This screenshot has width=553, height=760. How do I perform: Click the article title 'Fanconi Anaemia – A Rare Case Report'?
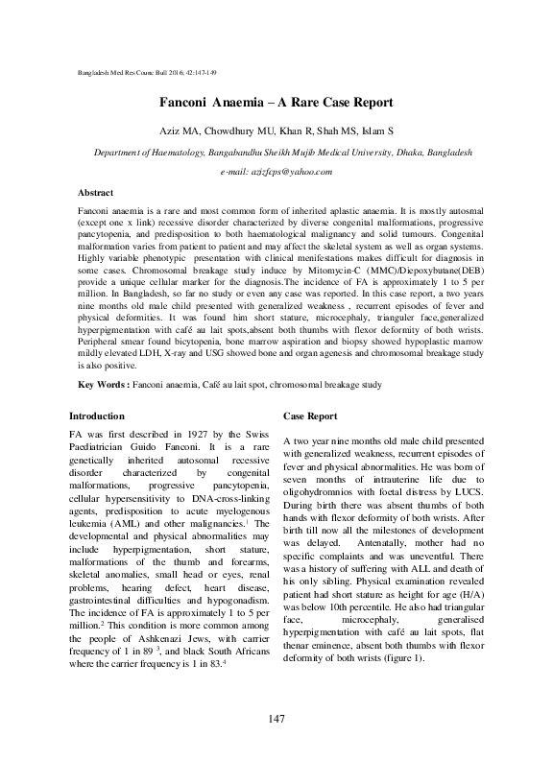tap(276, 102)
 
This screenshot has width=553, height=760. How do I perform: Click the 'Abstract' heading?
tap(95, 192)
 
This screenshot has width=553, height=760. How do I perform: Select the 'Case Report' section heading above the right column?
tap(310, 416)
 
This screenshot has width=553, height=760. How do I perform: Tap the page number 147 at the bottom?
tap(276, 720)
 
